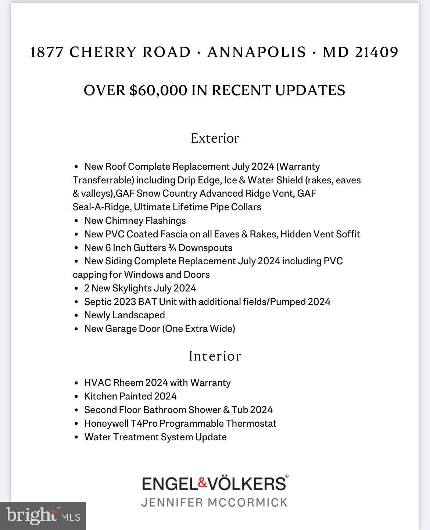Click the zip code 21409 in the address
(377, 52)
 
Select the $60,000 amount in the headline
(158, 90)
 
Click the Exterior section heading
(215, 138)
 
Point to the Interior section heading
(215, 356)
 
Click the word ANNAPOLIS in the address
(257, 52)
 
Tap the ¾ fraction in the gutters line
(172, 248)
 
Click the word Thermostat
(251, 423)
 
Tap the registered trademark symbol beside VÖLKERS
(287, 476)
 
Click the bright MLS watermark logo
(43, 516)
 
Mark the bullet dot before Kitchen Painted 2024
(76, 397)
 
